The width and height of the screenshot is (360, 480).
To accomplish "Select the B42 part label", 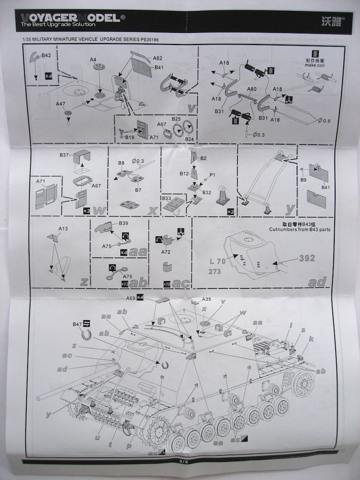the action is click(46, 56).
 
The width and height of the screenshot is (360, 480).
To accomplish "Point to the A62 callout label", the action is click(157, 59).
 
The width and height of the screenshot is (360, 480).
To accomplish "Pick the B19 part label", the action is click(129, 137).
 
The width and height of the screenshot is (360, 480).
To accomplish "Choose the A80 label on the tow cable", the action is click(251, 89).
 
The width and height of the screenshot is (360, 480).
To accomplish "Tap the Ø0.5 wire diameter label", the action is click(324, 121).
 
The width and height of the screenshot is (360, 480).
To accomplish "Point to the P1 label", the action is click(212, 175).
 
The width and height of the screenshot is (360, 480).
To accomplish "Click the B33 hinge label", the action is click(166, 198).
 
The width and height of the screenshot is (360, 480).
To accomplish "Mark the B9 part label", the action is click(303, 180).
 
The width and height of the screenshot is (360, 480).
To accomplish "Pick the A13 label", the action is click(63, 229).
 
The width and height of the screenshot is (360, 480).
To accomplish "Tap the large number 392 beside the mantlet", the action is click(307, 258).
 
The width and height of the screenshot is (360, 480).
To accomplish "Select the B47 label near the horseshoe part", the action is click(77, 324).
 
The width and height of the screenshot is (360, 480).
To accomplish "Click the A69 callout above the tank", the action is click(130, 298).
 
